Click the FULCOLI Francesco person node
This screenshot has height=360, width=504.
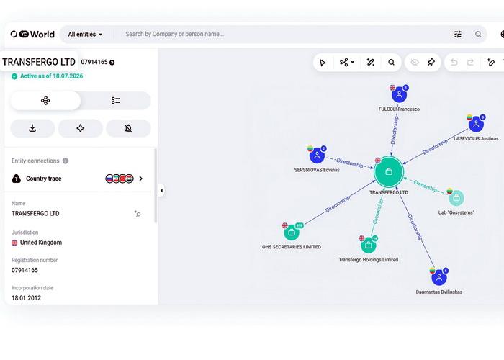pyautogui.click(x=399, y=95)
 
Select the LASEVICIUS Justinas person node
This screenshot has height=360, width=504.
pyautogui.click(x=477, y=124)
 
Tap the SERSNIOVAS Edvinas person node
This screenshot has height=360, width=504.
pyautogui.click(x=317, y=156)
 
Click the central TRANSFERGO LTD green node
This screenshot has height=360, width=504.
pyautogui.click(x=389, y=171)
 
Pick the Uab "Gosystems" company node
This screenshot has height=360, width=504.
pyautogui.click(x=456, y=198)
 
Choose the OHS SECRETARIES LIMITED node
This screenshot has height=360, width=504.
pyautogui.click(x=292, y=233)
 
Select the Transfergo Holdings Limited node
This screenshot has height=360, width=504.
pyautogui.click(x=369, y=246)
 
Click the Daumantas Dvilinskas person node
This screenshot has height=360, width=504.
pyautogui.click(x=439, y=278)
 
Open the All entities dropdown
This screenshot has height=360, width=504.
pyautogui.click(x=85, y=35)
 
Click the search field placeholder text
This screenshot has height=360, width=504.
pyautogui.click(x=174, y=34)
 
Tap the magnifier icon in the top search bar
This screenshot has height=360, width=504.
pyautogui.click(x=478, y=35)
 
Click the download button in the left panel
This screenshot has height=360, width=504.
pyautogui.click(x=32, y=129)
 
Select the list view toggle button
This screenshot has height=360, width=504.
pyautogui.click(x=116, y=101)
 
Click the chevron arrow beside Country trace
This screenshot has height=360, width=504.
pyautogui.click(x=141, y=179)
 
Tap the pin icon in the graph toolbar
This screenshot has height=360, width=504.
pyautogui.click(x=431, y=63)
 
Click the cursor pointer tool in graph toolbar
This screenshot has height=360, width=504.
pyautogui.click(x=323, y=63)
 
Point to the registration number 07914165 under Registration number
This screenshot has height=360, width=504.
pyautogui.click(x=24, y=270)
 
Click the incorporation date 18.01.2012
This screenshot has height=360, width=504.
pyautogui.click(x=27, y=298)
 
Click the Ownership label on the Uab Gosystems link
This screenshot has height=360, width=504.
pyautogui.click(x=426, y=186)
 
